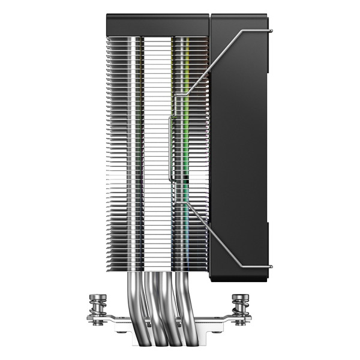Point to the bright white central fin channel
[x=157, y=150]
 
